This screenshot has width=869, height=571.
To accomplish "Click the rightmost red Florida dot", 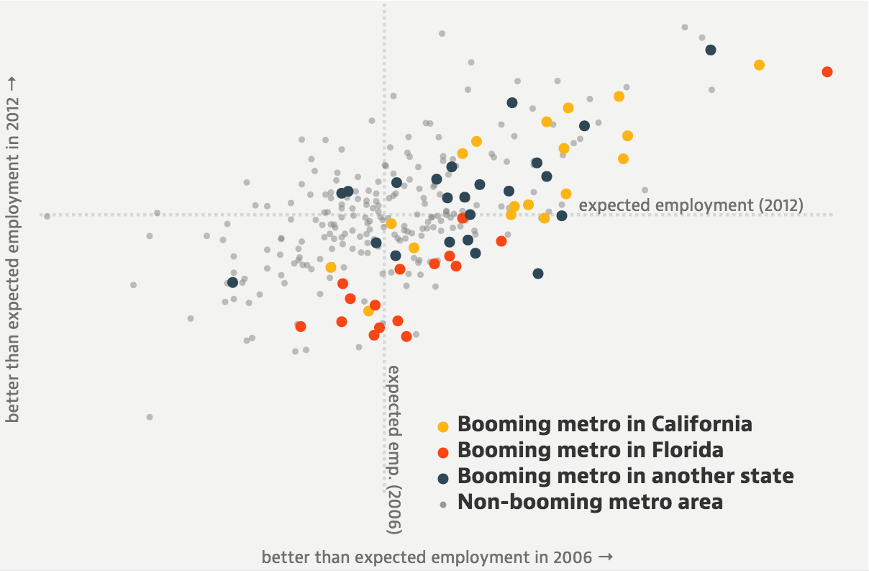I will point(827,72).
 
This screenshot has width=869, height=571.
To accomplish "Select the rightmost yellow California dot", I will point(759,65).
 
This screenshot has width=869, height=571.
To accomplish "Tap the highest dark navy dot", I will point(711,50).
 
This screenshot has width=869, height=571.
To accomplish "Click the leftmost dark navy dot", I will point(232,282).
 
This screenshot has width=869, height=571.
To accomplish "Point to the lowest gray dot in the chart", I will point(150,417).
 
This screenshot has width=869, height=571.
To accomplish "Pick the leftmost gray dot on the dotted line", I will point(47,216).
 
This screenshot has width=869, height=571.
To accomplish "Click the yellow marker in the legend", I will point(443,426).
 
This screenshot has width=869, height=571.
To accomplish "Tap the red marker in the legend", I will point(443,452).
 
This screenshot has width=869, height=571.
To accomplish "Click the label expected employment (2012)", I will point(691,205).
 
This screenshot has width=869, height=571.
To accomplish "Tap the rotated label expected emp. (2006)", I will point(394,449).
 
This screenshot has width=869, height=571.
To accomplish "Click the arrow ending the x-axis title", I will point(606,557).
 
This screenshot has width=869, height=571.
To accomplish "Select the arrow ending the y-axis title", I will point(13,84).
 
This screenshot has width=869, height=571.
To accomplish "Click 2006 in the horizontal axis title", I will point(573,557).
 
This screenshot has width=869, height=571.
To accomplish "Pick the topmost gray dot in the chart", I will point(442,33).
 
